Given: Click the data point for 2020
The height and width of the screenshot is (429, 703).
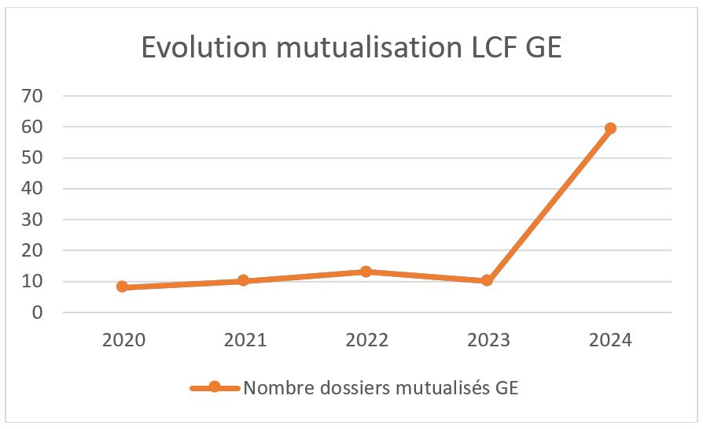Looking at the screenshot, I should click(x=123, y=287).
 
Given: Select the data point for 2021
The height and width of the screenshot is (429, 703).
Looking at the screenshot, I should click(x=244, y=280).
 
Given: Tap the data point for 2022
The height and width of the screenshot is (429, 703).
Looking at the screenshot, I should click(x=366, y=272).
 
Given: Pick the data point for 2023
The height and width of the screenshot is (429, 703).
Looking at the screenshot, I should click(x=488, y=280).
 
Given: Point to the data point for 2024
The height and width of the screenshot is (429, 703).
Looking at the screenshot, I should click(x=609, y=128).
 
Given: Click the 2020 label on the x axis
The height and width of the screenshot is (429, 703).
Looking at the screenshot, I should click(x=123, y=340).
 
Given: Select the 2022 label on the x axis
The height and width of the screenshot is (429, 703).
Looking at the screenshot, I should click(x=366, y=340).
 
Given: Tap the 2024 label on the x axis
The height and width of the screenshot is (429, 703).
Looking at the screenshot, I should click(x=610, y=340).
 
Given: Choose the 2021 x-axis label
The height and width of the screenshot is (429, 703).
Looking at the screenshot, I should click(x=245, y=340).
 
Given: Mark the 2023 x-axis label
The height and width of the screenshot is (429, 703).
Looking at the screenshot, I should click(x=488, y=340).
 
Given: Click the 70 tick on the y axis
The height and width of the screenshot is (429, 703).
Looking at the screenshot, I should click(x=34, y=96).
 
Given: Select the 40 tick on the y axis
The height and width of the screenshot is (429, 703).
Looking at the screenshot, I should click(x=34, y=189).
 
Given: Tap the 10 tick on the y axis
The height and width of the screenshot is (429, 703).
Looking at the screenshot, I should click(x=34, y=282).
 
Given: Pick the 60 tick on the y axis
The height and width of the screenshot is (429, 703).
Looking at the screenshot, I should click(x=34, y=127).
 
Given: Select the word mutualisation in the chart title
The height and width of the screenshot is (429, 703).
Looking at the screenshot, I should click(x=363, y=48).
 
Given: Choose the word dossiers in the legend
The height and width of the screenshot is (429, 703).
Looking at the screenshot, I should click(x=339, y=387).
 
